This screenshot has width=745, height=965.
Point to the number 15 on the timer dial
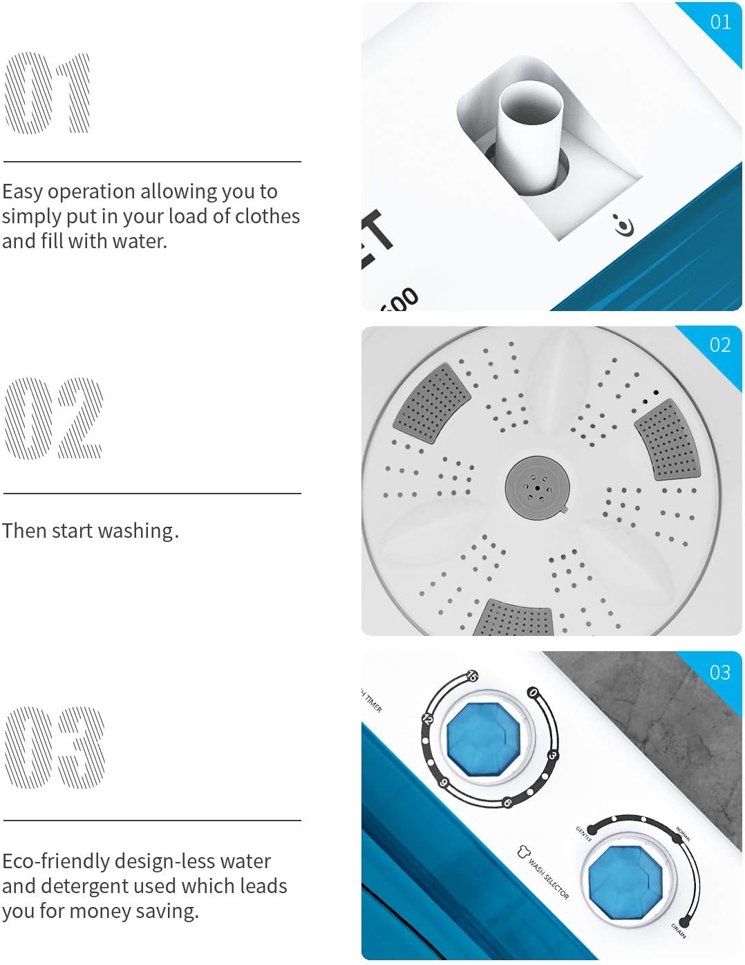coord(472,676)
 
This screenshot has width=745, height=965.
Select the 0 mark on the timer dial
coord(532,692)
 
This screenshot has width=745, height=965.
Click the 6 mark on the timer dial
coord(507,803)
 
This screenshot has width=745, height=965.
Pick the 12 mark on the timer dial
coord(427,719)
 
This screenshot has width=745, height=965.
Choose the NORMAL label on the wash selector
coord(683,834)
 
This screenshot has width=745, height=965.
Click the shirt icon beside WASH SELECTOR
coord(523,852)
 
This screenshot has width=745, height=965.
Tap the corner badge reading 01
coord(720,22)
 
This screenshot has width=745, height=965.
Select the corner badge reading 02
coord(720,345)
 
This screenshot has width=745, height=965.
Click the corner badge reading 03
coord(720,673)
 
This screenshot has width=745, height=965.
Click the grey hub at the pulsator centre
coord(537,487)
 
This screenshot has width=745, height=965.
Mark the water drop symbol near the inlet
coord(624,225)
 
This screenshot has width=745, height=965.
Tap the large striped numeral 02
coord(53,418)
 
